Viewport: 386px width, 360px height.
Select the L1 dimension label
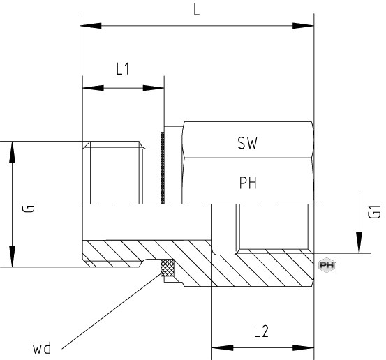click(123, 69)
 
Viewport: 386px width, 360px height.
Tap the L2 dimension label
click(261, 331)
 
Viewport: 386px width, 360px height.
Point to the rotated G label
click(29, 209)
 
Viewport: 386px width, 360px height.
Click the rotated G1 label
click(374, 211)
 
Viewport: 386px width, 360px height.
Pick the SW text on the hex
click(247, 143)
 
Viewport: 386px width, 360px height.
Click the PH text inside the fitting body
click(248, 183)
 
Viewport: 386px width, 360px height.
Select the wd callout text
click(42, 348)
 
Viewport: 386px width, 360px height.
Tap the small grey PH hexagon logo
click(327, 265)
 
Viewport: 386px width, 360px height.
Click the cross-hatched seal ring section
click(167, 267)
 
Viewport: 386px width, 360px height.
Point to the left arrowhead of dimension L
click(91, 26)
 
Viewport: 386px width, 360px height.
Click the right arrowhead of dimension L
click(303, 26)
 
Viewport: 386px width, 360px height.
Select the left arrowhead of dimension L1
click(93, 88)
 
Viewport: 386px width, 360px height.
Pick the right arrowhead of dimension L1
click(154, 88)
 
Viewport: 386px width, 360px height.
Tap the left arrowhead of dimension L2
click(223, 347)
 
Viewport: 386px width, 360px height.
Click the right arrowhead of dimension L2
click(303, 347)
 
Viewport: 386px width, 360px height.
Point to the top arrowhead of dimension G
click(12, 152)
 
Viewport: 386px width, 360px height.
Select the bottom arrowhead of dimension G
click(12, 256)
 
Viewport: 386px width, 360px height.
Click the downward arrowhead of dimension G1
click(359, 243)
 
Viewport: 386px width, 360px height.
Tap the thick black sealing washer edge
click(163, 168)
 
